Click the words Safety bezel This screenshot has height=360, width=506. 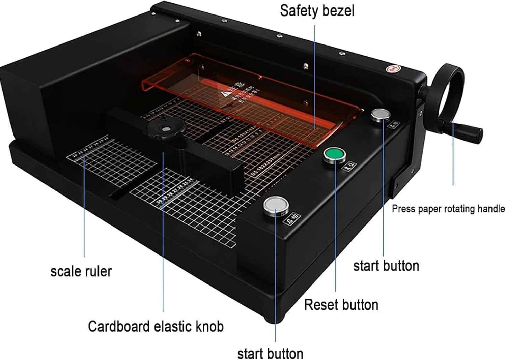click(317, 11)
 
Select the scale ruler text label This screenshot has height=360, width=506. click(81, 271)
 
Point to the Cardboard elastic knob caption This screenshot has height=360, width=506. click(156, 326)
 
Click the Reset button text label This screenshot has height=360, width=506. click(341, 305)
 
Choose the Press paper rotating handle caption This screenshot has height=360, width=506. click(448, 209)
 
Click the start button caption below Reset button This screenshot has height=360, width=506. click(270, 353)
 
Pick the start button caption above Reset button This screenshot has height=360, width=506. click(386, 266)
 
